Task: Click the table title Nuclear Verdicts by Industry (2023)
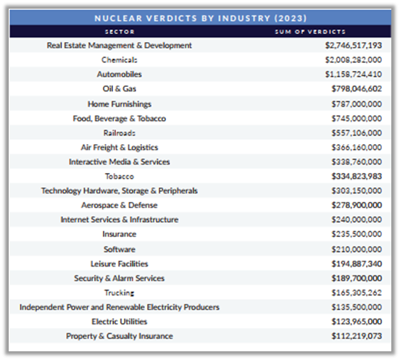(200, 18)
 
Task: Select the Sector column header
(120, 32)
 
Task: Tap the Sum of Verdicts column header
(310, 32)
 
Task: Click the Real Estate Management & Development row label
(119, 46)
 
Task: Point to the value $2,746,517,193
(354, 46)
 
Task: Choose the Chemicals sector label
(119, 60)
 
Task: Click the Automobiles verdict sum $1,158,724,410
(354, 75)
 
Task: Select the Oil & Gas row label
(119, 88)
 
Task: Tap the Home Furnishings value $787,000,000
(357, 104)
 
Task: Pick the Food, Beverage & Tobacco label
(120, 119)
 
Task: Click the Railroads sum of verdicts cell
(357, 133)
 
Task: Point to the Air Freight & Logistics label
(120, 148)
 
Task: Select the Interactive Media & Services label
(120, 162)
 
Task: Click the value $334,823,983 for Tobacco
(357, 176)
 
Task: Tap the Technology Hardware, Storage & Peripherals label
(120, 191)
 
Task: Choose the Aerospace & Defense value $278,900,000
(357, 205)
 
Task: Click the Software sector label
(120, 249)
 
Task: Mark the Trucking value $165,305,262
(357, 293)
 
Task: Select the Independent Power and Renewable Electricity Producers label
(120, 307)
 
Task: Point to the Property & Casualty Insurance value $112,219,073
(357, 336)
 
